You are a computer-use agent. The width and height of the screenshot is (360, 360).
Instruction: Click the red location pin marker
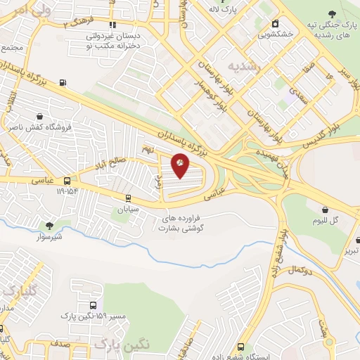click(180, 165)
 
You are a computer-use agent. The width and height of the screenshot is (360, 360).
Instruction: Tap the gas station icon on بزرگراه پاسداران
click(63, 83)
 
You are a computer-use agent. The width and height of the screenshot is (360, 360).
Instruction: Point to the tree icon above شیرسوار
click(49, 226)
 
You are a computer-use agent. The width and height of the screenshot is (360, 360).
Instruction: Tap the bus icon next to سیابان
click(128, 198)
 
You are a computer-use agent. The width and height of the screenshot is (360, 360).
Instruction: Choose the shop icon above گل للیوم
click(326, 209)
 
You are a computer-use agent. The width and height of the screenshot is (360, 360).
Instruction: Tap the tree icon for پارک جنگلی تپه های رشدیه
click(333, 13)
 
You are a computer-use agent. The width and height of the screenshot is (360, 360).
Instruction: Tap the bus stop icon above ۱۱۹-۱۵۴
click(67, 180)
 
